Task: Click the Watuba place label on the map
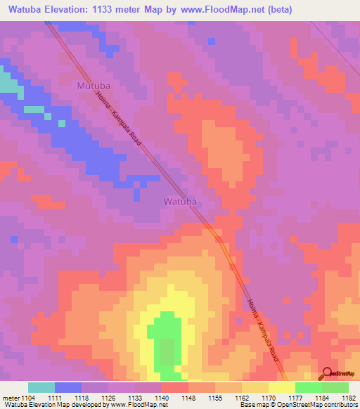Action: (180, 201)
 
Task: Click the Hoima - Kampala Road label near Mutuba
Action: (118, 120)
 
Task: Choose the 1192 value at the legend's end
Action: (348, 397)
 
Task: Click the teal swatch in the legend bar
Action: (41, 387)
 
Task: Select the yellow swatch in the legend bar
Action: (281, 387)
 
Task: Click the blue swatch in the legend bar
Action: (68, 387)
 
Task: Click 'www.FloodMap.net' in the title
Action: (223, 10)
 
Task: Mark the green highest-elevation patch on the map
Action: (166, 337)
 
